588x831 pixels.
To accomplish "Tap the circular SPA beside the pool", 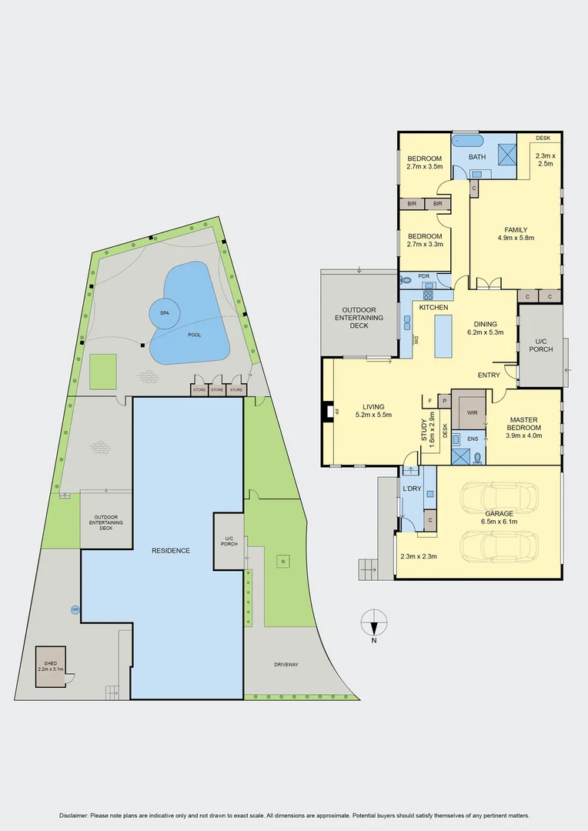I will (164, 313).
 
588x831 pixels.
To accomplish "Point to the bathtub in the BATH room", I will (466, 142).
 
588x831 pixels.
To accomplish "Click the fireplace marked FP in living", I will (329, 412).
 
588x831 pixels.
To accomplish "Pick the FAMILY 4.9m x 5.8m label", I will (515, 233).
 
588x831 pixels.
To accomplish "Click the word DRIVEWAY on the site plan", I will (286, 664).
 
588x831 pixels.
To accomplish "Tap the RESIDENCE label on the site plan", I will (171, 550).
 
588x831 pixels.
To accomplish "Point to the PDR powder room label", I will (423, 276).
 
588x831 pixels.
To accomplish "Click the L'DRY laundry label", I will (411, 489).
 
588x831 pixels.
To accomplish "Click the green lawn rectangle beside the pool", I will (102, 372).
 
